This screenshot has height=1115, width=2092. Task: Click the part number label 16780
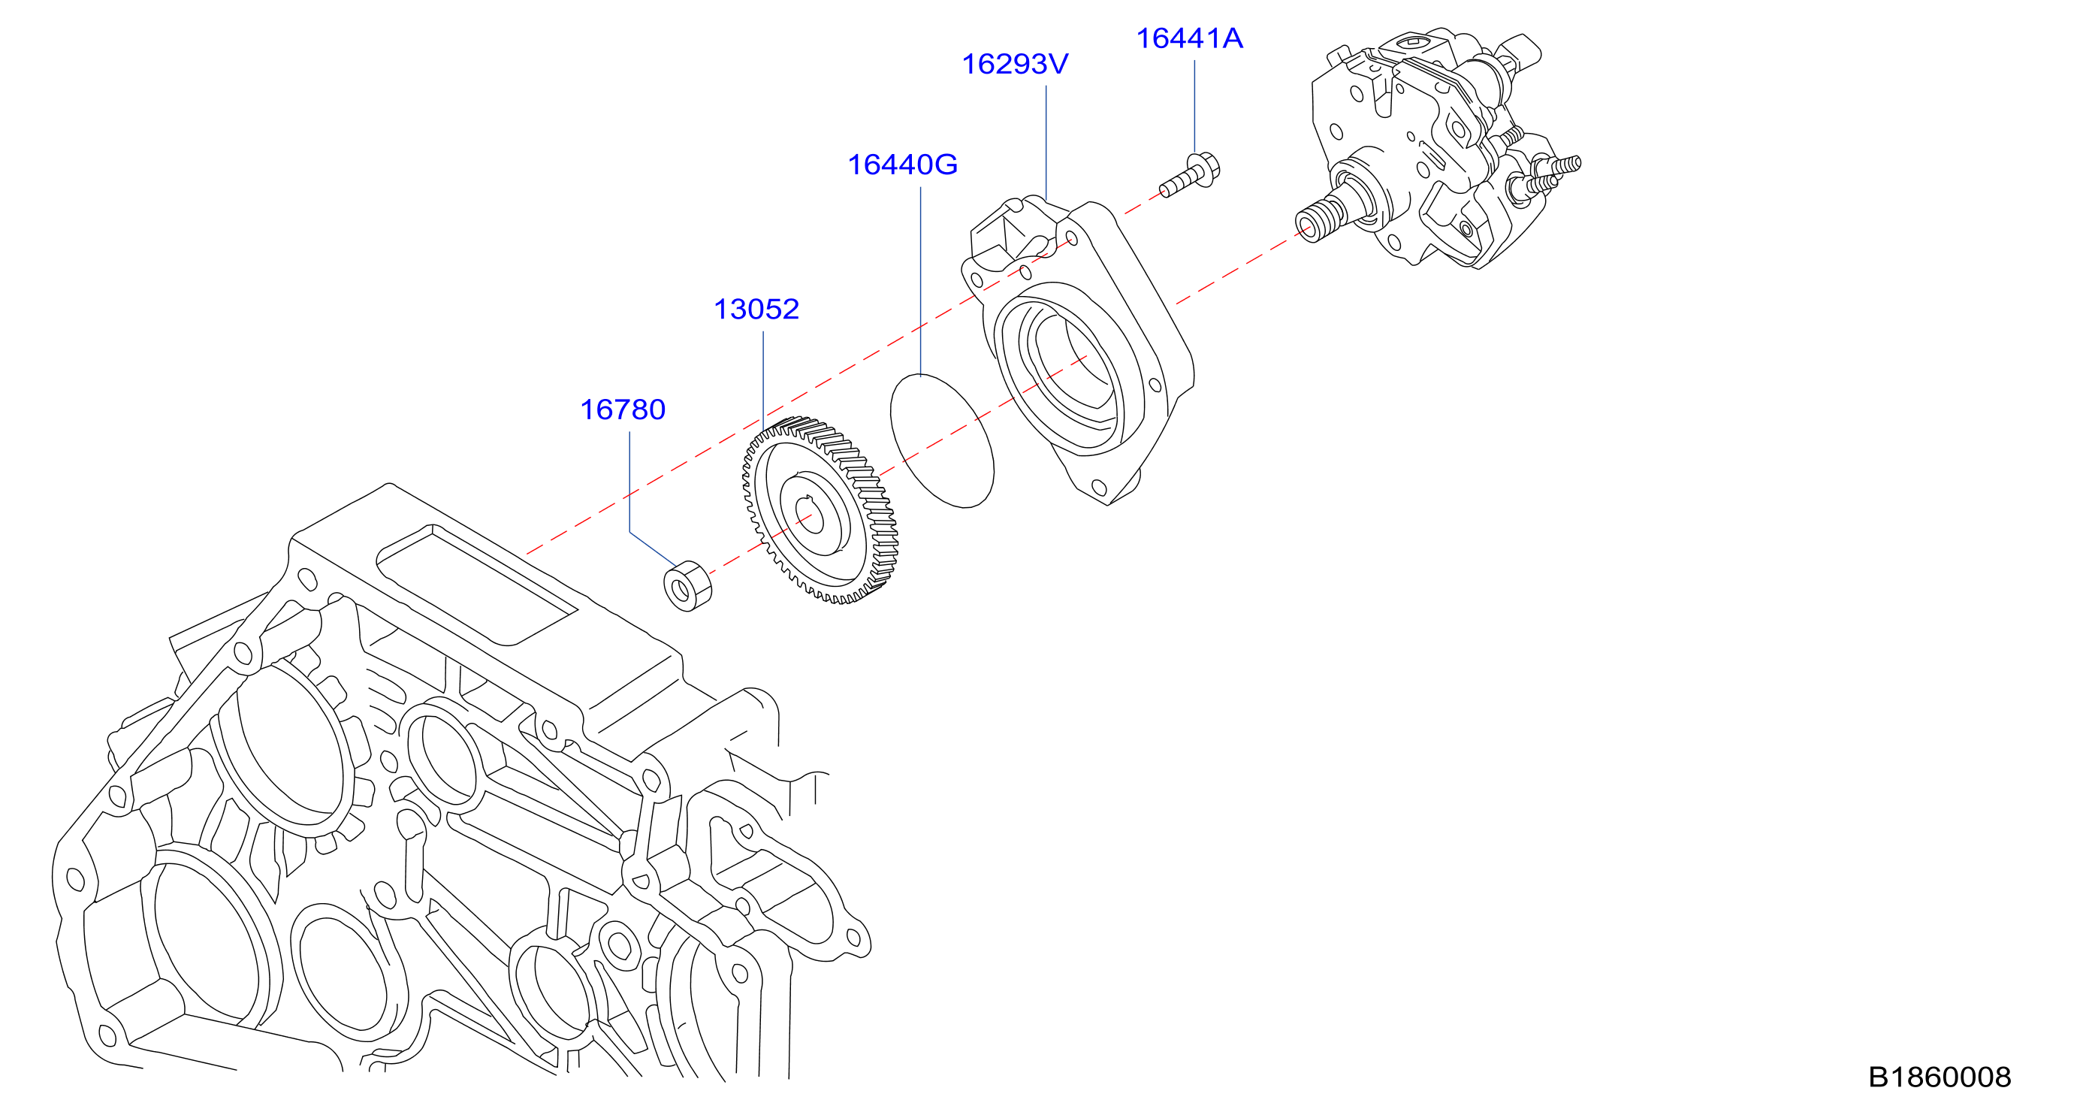pyautogui.click(x=623, y=409)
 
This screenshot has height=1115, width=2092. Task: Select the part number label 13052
pyautogui.click(x=756, y=309)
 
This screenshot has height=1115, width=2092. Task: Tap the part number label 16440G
pyautogui.click(x=902, y=165)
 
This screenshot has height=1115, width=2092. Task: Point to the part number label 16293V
pyautogui.click(x=1015, y=64)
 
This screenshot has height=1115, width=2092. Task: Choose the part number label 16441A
pyautogui.click(x=1189, y=38)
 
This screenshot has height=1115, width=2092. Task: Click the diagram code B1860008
pyautogui.click(x=1940, y=1077)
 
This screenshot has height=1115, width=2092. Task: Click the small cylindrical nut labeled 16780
pyautogui.click(x=688, y=585)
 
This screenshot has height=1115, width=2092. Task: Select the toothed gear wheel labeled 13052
pyautogui.click(x=820, y=511)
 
